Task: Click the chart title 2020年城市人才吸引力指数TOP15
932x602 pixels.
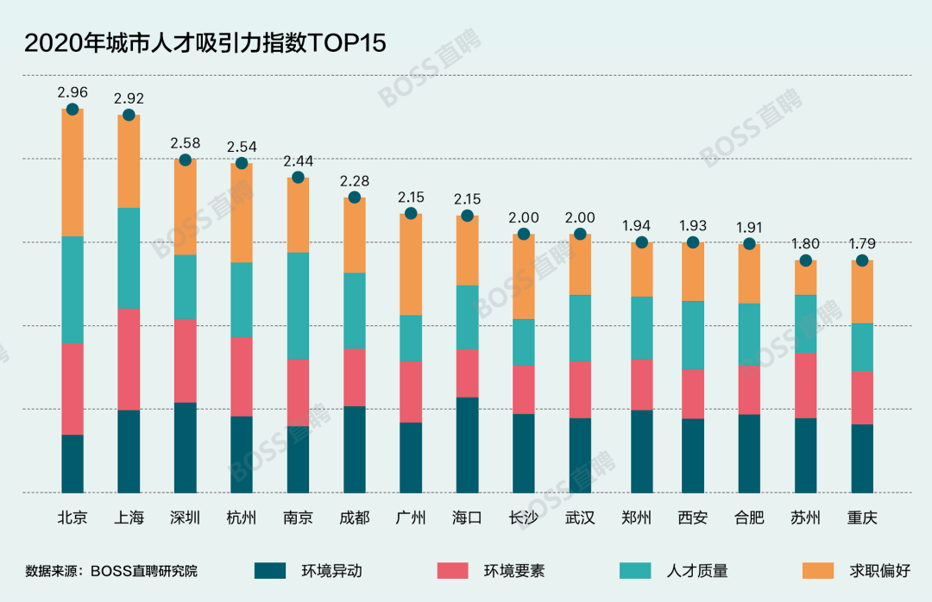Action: coord(205,43)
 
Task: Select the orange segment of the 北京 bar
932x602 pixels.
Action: coord(72,172)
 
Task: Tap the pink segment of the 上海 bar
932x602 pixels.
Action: coord(129,359)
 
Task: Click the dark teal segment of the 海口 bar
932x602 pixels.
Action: coord(467,444)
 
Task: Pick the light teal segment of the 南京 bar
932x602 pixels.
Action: coord(298,306)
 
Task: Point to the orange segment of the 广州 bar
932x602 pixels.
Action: coord(411,265)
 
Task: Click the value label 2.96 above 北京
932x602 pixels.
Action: coord(72,92)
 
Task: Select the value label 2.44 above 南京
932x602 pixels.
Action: coord(298,161)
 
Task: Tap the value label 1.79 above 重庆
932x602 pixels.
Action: coord(862,244)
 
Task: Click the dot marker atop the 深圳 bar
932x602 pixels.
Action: coord(185,160)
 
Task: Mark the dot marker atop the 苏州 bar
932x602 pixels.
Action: coord(805,260)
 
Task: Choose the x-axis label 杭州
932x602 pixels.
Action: coord(242,517)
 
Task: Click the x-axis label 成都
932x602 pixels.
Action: coord(355,517)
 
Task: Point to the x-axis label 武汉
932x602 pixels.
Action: coord(580,517)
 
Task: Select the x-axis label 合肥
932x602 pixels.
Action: coord(749,517)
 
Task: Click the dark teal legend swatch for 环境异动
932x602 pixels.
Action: coord(270,570)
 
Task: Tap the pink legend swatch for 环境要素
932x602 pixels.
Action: coord(452,570)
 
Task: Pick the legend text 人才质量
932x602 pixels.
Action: coord(697,571)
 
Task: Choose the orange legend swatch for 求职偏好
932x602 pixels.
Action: coord(818,570)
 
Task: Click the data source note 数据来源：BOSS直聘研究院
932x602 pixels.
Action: coord(111,571)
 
